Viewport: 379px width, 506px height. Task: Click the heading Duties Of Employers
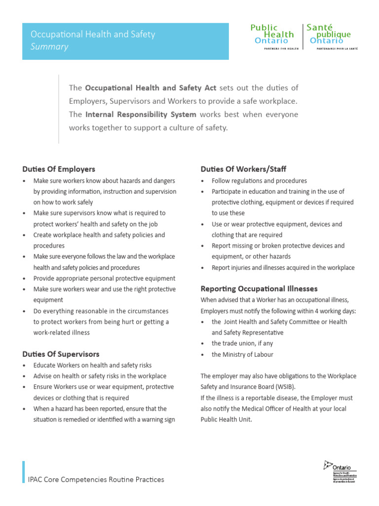(59, 169)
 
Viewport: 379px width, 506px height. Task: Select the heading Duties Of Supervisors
(61, 354)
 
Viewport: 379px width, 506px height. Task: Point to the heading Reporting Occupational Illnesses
(259, 289)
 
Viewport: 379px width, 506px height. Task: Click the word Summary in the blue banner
(49, 47)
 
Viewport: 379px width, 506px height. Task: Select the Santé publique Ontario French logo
(330, 35)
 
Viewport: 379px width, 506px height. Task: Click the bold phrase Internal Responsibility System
(141, 114)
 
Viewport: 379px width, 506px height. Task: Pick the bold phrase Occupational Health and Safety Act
(151, 88)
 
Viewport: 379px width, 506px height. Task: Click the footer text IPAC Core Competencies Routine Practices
(96, 479)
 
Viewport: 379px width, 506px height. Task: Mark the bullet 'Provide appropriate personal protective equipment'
(104, 278)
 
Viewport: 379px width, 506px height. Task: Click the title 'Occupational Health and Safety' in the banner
(93, 34)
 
